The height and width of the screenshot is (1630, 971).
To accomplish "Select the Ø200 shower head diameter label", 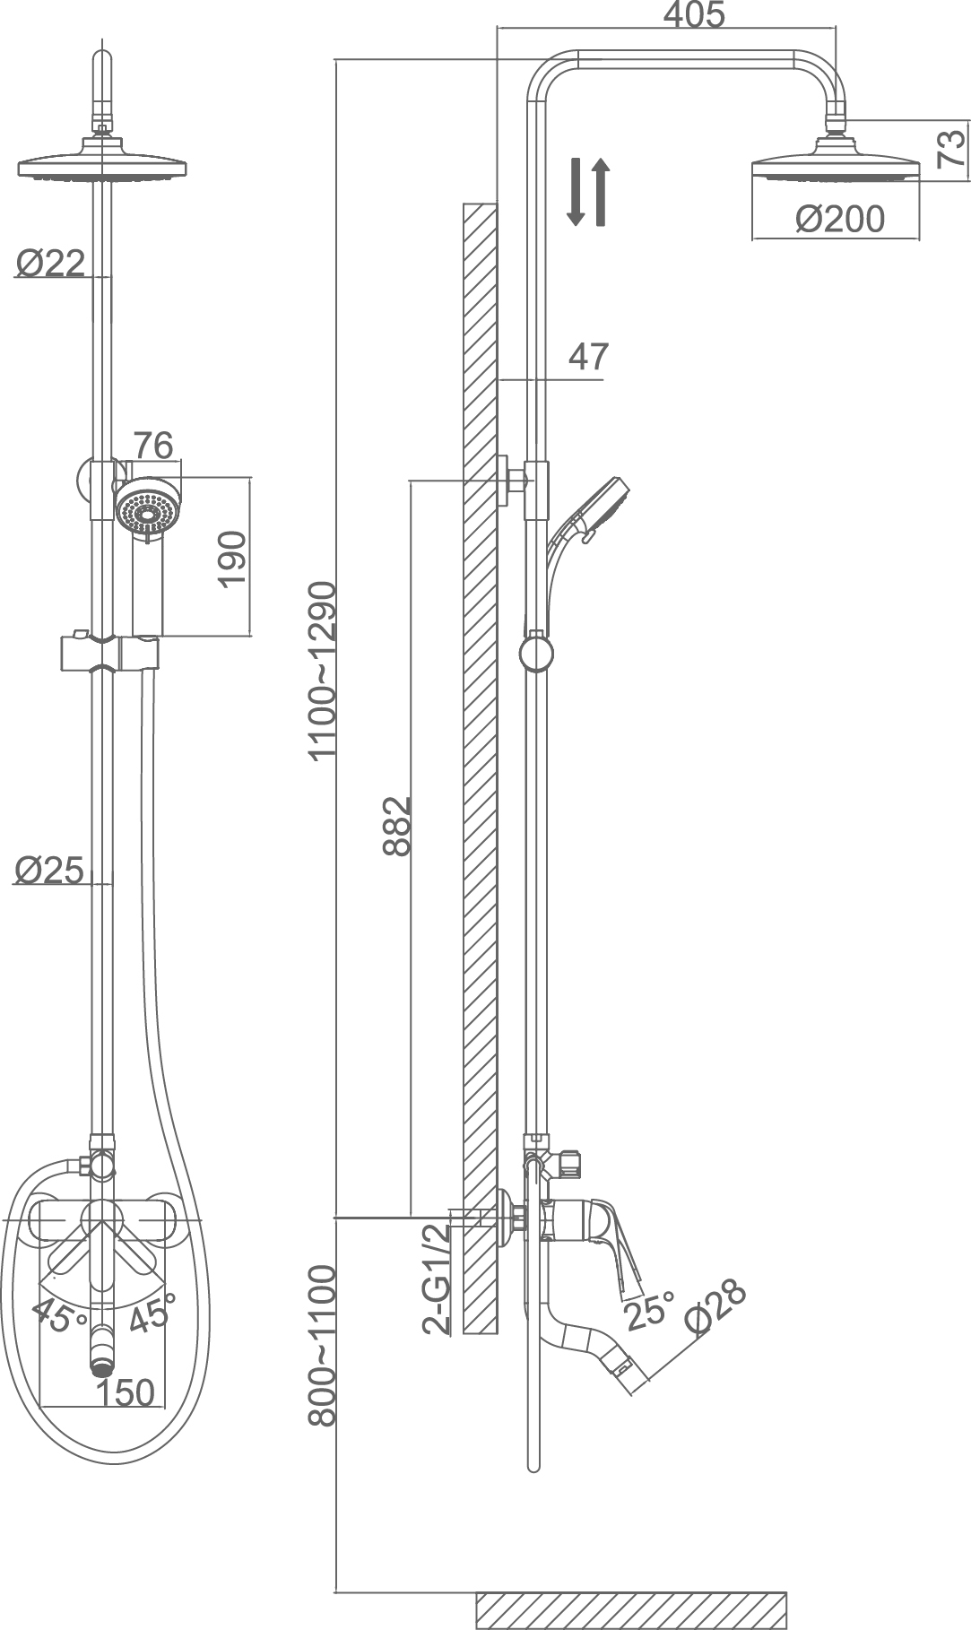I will [839, 219].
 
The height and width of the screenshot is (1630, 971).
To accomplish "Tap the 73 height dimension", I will [952, 147].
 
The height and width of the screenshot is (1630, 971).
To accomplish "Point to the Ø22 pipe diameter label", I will [50, 263].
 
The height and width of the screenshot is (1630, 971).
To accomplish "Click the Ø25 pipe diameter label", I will [50, 869].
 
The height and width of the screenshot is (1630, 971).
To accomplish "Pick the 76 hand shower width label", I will [152, 446].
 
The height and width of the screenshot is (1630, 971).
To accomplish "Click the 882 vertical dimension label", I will [396, 825].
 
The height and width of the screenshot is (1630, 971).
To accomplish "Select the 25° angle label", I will [648, 1312].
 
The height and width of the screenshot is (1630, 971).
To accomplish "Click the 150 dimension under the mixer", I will [126, 1392].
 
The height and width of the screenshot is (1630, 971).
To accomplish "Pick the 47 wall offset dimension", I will [589, 357].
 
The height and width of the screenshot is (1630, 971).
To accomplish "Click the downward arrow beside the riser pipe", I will [577, 191].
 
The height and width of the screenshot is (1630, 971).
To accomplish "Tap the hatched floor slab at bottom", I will [630, 1610].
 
